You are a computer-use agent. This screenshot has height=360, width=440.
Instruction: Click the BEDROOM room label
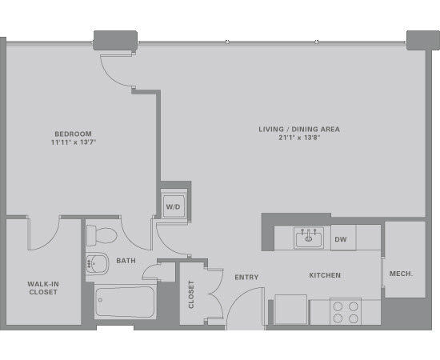point(73,134)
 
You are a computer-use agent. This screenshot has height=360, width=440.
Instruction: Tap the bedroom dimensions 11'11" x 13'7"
point(74,142)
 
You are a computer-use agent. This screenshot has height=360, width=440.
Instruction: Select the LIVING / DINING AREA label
point(299,130)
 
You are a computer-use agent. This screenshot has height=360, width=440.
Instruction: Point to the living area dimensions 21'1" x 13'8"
point(299,138)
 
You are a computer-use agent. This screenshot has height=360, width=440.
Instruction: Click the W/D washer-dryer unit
point(174,206)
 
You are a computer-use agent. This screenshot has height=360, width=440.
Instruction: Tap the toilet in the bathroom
point(102,235)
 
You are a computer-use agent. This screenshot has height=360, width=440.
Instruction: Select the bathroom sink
point(97,264)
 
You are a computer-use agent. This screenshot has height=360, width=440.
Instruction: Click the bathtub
point(125,302)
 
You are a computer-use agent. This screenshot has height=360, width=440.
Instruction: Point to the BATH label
point(126,261)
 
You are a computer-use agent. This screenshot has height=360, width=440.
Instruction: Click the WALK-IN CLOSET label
point(43,288)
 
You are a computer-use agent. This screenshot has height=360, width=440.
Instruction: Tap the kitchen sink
point(308,238)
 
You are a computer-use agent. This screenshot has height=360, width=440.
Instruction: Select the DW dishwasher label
point(341,239)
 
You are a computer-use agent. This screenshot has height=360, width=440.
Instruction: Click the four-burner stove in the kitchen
point(346,311)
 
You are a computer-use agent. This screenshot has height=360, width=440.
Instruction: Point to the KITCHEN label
point(325,275)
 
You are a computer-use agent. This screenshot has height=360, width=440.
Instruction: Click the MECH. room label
point(401,274)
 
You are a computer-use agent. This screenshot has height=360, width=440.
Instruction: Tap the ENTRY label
point(246,278)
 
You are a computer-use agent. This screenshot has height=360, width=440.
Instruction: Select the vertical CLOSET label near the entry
point(191,294)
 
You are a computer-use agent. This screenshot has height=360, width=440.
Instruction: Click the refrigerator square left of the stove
point(290,310)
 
